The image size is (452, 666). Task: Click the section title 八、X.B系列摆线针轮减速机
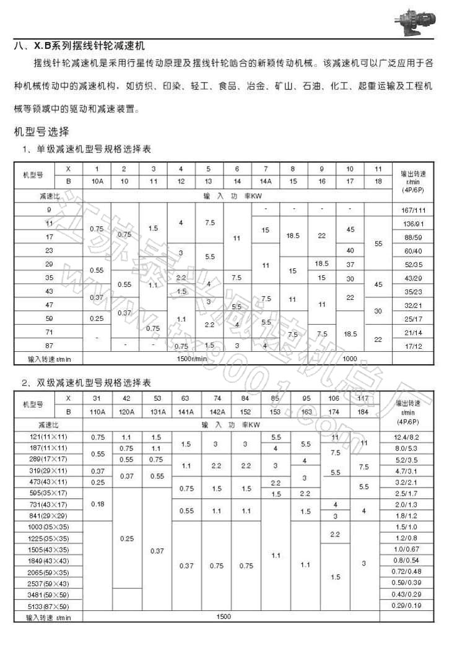[x=84, y=46]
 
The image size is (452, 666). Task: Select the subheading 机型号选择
[x=42, y=131]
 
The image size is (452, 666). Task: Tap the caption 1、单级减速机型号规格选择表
[x=87, y=149]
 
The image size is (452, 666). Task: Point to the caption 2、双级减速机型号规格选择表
[x=87, y=383]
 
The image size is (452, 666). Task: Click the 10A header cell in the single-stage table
[x=97, y=182]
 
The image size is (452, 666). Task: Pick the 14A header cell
[x=266, y=182]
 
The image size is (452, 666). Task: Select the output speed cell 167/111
[x=414, y=210]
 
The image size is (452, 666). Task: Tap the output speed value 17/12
[x=414, y=346]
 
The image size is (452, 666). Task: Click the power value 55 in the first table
[x=379, y=243]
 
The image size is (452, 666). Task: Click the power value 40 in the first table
[x=350, y=250]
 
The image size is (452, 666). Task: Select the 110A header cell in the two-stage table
[x=98, y=411]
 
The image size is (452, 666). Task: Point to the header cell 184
[x=363, y=411]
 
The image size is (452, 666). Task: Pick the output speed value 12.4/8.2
[x=414, y=437]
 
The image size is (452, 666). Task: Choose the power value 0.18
[x=98, y=504]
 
